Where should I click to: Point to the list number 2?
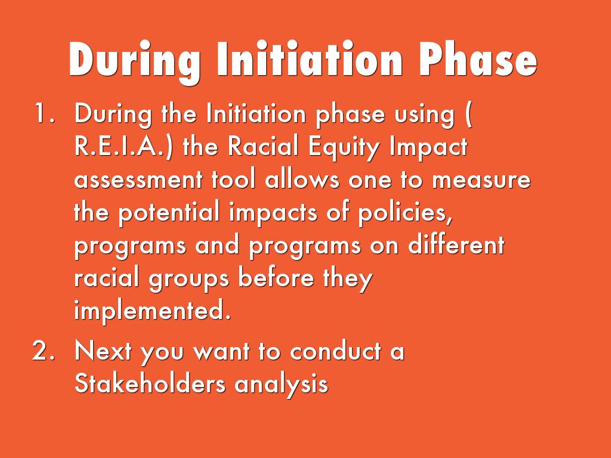[43, 350]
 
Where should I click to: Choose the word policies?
[405, 213]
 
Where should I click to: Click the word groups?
[189, 280]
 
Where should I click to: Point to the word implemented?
[152, 311]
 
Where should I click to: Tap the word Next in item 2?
[103, 351]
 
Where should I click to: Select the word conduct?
[335, 351]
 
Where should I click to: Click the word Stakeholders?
[150, 383]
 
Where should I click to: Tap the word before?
[276, 277]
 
